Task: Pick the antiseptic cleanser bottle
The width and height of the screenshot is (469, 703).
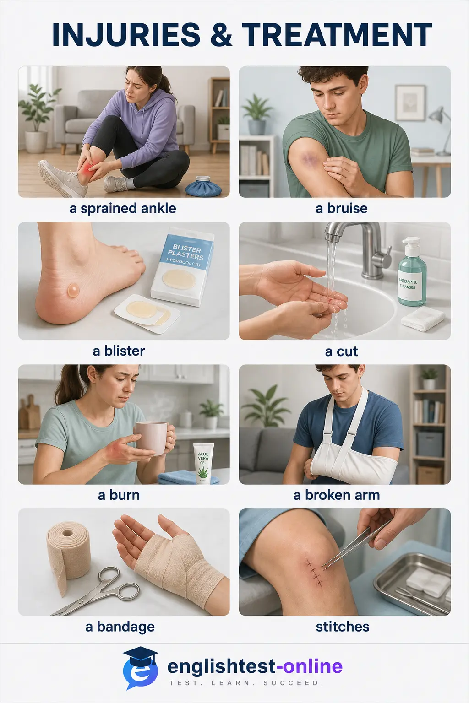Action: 411,271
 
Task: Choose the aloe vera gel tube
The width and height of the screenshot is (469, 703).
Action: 203,463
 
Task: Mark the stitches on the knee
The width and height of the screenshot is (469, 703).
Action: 315,573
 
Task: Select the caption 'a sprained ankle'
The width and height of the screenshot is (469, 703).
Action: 123,209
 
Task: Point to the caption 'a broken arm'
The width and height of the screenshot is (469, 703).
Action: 337,495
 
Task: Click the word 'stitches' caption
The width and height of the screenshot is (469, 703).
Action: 343,627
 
